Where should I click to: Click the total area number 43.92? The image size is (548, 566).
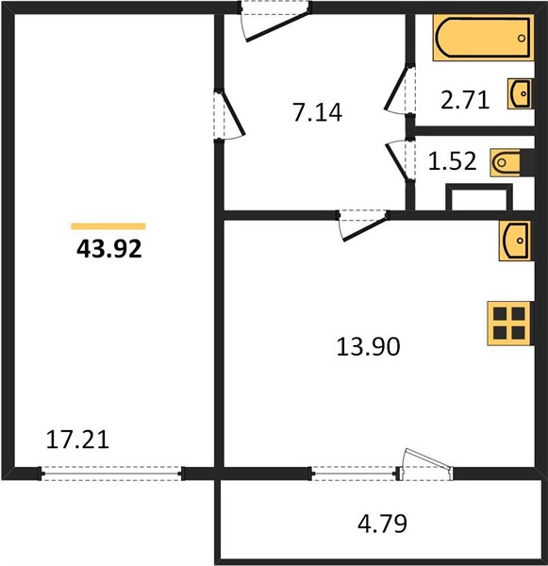109,249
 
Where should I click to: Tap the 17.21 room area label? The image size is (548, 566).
77,440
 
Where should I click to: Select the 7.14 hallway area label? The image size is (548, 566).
318,112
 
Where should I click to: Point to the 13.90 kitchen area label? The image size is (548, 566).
368,346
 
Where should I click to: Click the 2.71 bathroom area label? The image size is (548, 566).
465,100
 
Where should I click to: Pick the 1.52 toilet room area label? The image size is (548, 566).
452,161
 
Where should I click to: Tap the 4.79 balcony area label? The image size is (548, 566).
382,524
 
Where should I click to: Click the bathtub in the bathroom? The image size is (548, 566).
483,38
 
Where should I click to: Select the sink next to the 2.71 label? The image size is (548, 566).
520,93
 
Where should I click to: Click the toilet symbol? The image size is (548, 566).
506,163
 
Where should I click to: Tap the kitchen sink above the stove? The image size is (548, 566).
515,241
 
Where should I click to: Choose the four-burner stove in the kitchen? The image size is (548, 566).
509,324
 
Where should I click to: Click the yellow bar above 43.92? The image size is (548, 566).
108,226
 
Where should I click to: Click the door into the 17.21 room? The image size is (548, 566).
229,114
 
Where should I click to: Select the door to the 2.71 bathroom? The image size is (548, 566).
399,90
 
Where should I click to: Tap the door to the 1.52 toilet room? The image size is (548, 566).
400,159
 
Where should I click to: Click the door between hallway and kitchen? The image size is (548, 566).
363,225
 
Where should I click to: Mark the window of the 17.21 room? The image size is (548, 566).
111,473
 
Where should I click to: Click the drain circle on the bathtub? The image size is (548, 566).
522,38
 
